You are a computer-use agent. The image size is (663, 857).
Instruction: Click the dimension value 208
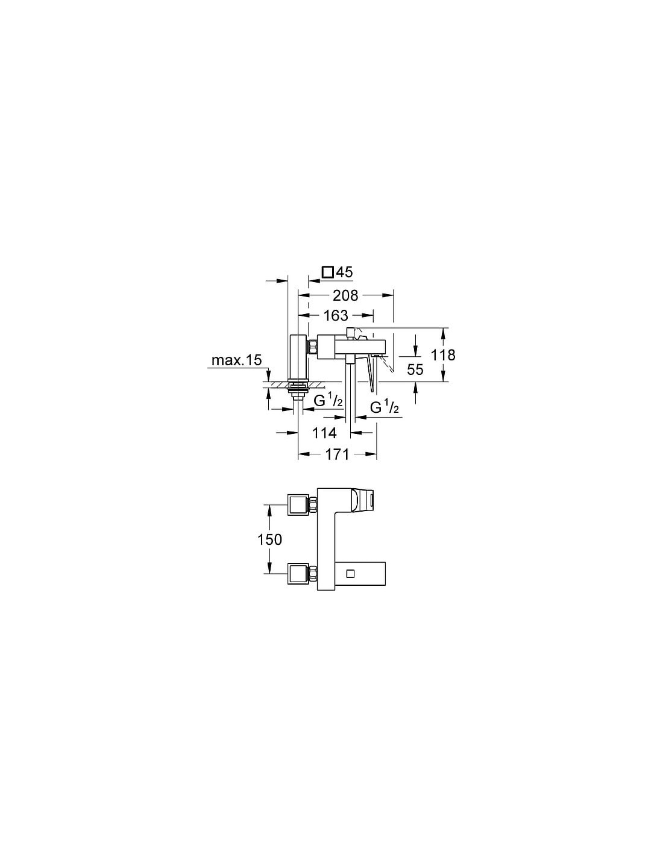coord(345,295)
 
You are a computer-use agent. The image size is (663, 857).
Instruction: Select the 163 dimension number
coord(336,316)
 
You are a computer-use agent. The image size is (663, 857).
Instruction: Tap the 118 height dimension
coord(443,355)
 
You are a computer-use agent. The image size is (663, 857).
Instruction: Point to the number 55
coord(415,369)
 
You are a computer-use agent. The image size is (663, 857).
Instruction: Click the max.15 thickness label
coord(237,360)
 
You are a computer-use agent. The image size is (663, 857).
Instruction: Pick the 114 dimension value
coord(324,433)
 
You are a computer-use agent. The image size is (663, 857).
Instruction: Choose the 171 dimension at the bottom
coord(337,455)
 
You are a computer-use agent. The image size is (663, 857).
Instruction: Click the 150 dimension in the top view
coord(270,539)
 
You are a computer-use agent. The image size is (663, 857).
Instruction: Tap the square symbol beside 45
coord(328,272)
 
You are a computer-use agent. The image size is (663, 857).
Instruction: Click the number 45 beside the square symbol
coord(344,272)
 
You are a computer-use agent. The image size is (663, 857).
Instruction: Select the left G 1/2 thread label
coord(328,401)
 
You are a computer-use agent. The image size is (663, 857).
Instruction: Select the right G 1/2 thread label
coord(385,407)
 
